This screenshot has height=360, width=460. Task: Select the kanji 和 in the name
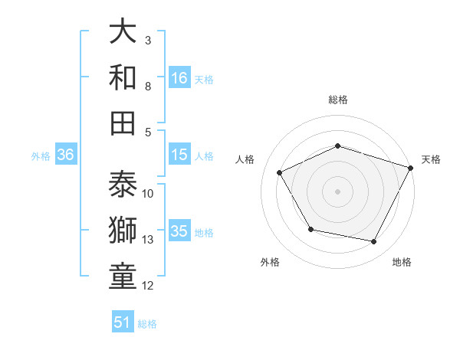pyautogui.click(x=123, y=77)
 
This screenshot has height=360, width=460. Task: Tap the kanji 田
pyautogui.click(x=123, y=123)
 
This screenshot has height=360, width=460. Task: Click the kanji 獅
pyautogui.click(x=123, y=231)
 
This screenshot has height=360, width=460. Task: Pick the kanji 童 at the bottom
pyautogui.click(x=123, y=277)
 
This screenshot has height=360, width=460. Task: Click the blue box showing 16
pyautogui.click(x=179, y=77)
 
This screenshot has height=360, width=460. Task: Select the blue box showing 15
pyautogui.click(x=179, y=155)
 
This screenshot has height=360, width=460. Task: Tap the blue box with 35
pyautogui.click(x=179, y=231)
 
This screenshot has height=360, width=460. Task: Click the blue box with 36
pyautogui.click(x=66, y=155)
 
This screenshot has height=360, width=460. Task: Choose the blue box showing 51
pyautogui.click(x=123, y=322)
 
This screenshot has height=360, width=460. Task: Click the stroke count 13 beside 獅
pyautogui.click(x=148, y=240)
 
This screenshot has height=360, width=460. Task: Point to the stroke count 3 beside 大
pyautogui.click(x=148, y=40)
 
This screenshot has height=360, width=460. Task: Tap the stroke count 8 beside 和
pyautogui.click(x=148, y=86)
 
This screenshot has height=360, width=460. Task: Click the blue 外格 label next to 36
pyautogui.click(x=41, y=155)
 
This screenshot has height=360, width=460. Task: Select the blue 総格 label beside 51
pyautogui.click(x=147, y=323)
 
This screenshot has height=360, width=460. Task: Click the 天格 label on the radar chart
pyautogui.click(x=431, y=159)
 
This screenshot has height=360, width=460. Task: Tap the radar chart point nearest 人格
pyautogui.click(x=279, y=172)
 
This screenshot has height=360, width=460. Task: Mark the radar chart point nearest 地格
pyautogui.click(x=374, y=242)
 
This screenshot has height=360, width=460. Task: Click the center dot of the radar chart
pyautogui.click(x=337, y=191)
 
